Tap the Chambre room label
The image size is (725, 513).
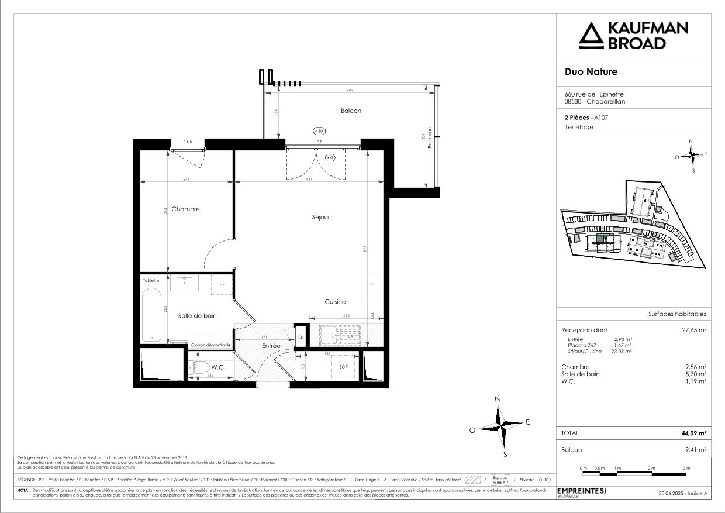tap(186, 209)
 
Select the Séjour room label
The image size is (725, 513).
tap(320, 217)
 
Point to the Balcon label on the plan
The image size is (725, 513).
tap(351, 111)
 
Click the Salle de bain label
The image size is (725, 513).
tap(197, 315)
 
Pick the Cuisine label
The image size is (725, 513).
tap(335, 302)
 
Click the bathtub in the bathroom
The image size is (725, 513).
tap(151, 313)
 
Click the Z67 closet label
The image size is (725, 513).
tap(343, 367)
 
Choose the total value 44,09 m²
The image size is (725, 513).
tap(694, 433)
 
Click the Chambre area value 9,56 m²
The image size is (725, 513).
tap(696, 367)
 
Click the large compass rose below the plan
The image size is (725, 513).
tap(500, 423)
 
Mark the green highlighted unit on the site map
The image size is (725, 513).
tap(600, 239)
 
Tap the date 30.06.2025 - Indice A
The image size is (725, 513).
tap(682, 493)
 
